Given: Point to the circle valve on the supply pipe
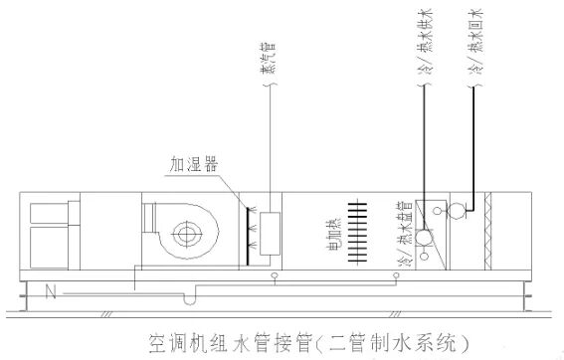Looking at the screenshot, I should click(x=424, y=239).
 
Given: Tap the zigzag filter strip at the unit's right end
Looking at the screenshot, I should click(x=487, y=232).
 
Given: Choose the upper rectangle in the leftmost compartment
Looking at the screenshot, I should click(x=44, y=212).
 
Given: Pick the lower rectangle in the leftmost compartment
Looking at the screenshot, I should click(x=44, y=249).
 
